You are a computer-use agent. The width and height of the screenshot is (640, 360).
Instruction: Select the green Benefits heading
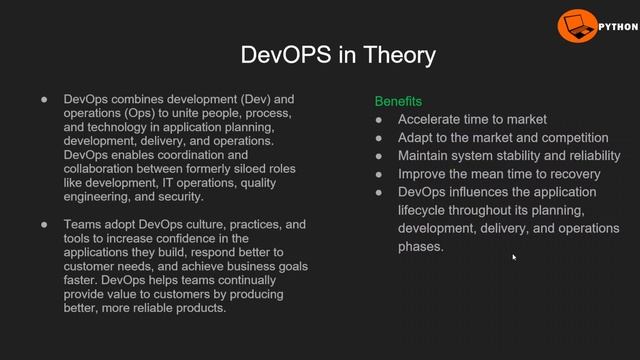point(398,102)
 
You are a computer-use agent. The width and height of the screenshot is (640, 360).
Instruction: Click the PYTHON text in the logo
point(617,27)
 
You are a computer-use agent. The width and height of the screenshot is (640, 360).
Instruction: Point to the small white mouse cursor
point(514,257)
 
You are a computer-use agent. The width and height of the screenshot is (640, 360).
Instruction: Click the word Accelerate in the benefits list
point(433,120)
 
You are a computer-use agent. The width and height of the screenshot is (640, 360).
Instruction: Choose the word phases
point(420,246)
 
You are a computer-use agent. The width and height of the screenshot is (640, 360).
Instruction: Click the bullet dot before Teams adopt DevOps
point(44,225)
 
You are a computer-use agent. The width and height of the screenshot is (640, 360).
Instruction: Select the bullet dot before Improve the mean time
point(379,174)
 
